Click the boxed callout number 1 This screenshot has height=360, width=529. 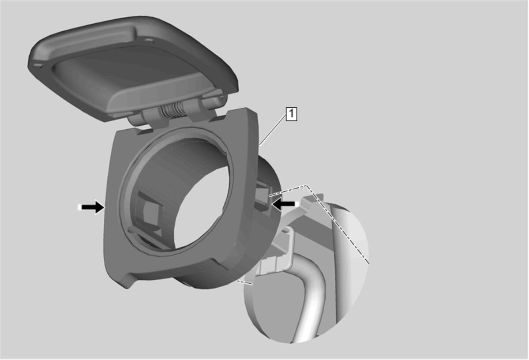pos(292,114)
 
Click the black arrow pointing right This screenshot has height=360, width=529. pos(91,207)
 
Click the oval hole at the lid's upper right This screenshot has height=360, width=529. pos(149,41)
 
